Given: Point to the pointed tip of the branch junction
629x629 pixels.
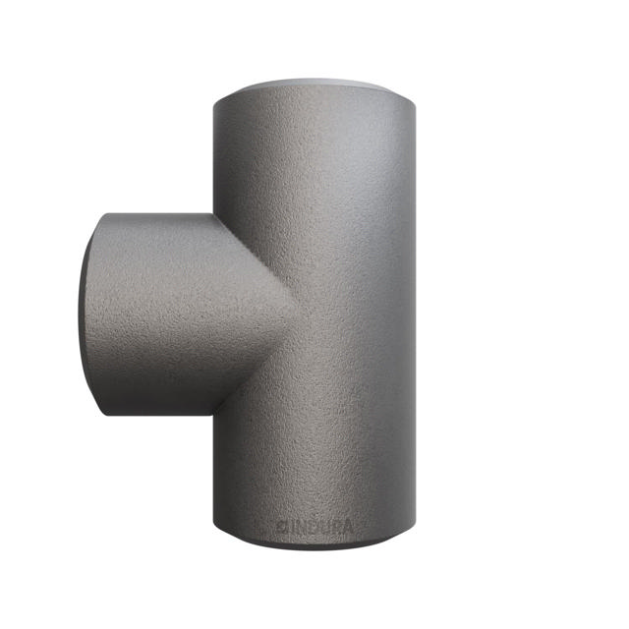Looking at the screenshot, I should [292, 312].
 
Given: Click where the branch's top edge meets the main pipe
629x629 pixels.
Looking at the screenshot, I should [213, 215].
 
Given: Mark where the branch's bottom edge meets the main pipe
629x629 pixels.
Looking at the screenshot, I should [213, 414].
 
